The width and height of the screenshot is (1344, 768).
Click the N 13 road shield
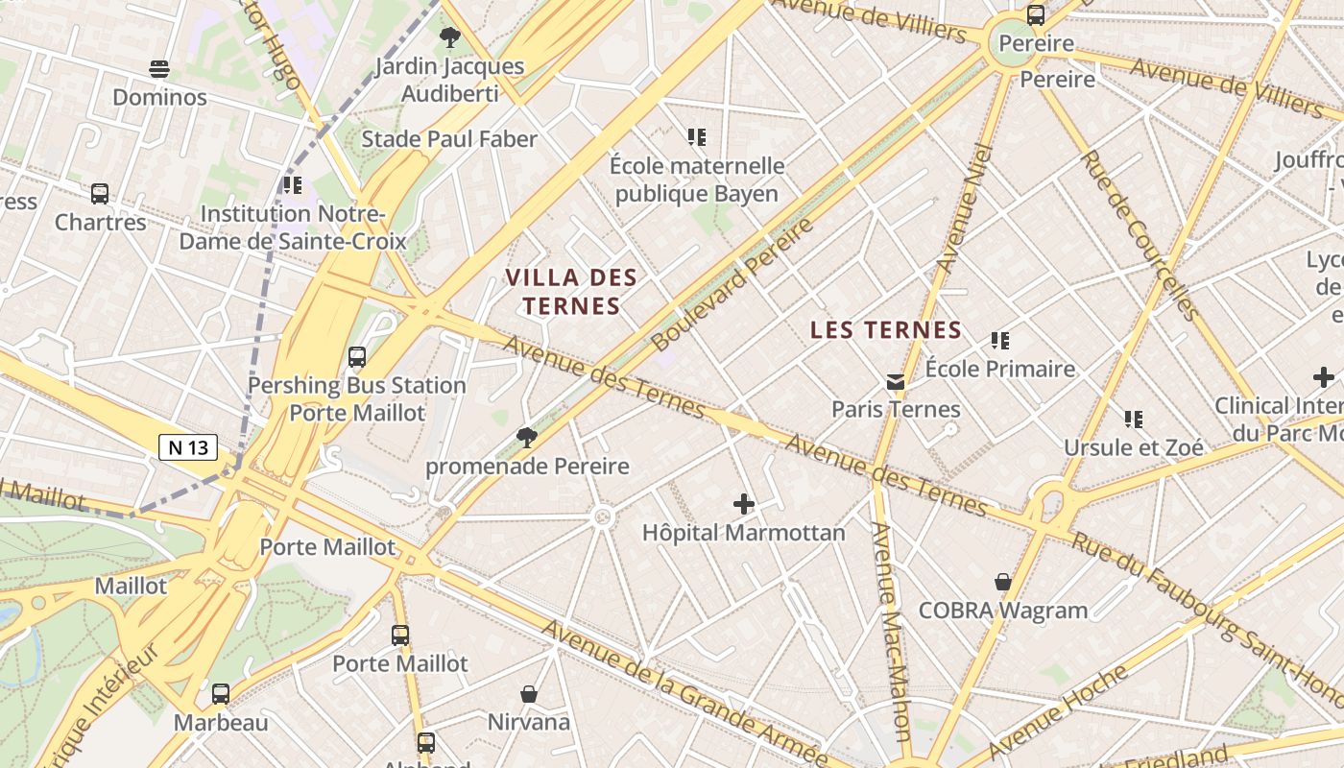187,447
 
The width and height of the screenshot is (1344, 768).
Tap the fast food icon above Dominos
159,69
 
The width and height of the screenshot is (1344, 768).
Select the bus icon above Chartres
100,194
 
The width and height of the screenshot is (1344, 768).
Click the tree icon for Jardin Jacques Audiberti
449,37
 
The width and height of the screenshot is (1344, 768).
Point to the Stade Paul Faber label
448,139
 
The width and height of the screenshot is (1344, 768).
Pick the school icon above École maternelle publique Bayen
697,137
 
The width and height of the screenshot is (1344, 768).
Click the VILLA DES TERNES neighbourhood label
571,292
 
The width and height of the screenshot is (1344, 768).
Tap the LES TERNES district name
885,330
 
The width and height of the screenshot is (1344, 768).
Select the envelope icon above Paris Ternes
896,382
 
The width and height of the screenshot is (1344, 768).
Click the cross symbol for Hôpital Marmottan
743,504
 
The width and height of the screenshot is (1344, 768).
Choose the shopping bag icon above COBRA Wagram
1003,583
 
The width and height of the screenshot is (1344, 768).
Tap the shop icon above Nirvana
528,694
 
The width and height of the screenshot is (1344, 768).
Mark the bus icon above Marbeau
221,694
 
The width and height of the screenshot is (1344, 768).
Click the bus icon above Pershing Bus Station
357,357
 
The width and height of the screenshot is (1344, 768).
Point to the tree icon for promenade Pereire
526,439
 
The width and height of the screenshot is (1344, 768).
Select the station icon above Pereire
1035,15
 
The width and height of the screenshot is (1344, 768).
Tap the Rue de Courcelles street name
1139,235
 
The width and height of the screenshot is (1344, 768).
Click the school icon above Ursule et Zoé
1133,420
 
